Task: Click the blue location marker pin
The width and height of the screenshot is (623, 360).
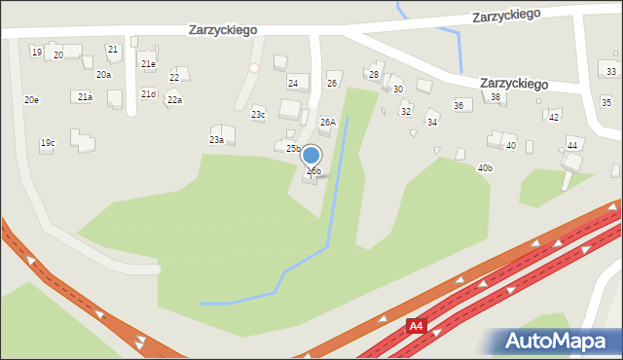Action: [x=311, y=156]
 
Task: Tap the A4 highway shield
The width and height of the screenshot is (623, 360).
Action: [x=417, y=326]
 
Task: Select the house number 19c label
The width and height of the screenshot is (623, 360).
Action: [x=47, y=143]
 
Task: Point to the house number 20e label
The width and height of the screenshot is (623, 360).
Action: [x=32, y=99]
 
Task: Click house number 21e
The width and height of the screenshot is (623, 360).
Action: [x=148, y=64]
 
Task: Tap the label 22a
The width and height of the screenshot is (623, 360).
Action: [x=174, y=99]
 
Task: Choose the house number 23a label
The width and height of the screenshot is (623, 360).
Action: [x=216, y=139]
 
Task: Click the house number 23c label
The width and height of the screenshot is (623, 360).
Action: [x=258, y=114]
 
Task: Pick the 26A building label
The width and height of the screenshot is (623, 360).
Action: [x=328, y=122]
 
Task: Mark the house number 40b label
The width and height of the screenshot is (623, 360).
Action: [x=485, y=167]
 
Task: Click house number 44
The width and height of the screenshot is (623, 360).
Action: [x=572, y=145]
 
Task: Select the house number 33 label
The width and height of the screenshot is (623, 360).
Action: [x=611, y=71]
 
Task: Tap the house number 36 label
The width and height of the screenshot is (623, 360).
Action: [x=458, y=105]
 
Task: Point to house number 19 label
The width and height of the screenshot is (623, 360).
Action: [x=36, y=52]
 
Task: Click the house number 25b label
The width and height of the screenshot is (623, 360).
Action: [x=293, y=148]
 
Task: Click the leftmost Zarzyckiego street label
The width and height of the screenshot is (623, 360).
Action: [x=223, y=30]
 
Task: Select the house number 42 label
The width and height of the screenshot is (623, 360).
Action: [x=553, y=117]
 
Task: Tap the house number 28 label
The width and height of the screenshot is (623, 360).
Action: [x=373, y=74]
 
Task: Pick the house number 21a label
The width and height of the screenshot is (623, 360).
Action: [x=86, y=96]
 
